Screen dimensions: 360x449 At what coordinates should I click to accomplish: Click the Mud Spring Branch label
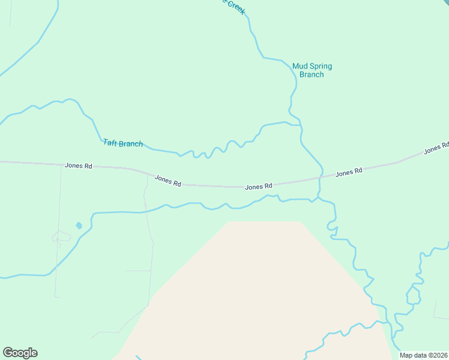tap(312, 70)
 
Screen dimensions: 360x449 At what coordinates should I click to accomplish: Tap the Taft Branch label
tap(122, 143)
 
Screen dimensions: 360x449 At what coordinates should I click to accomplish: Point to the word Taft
tap(110, 142)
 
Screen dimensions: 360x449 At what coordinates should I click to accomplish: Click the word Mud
tap(299, 66)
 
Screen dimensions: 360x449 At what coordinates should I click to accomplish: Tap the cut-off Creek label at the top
tap(235, 5)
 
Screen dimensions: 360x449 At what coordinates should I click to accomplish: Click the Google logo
tap(20, 353)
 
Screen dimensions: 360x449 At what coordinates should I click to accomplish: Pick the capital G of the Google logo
tap(8, 352)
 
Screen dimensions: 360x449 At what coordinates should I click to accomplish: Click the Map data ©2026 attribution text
tap(423, 355)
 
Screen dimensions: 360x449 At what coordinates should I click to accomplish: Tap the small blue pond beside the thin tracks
tap(79, 226)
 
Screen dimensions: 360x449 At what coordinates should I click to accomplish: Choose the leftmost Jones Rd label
tap(79, 165)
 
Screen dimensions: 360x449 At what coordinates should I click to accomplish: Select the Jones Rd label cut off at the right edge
tap(436, 148)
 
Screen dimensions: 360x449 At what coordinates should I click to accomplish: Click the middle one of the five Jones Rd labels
tap(259, 187)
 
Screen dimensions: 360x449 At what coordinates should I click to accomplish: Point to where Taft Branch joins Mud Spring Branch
tap(300, 125)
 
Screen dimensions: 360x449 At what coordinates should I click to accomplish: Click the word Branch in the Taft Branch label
tap(131, 143)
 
